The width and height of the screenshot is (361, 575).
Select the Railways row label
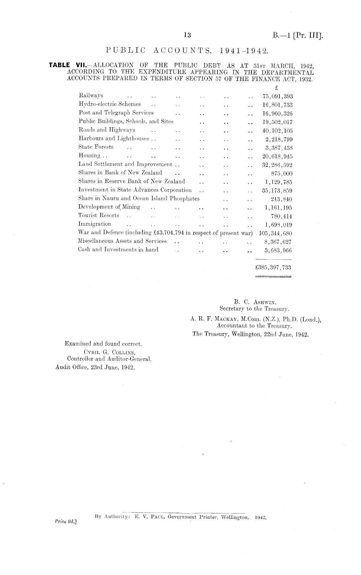click(x=91, y=96)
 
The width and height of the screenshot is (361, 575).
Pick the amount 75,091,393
click(x=277, y=96)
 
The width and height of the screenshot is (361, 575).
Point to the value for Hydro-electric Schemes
click(x=277, y=105)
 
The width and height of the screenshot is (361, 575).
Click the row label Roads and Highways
click(x=107, y=130)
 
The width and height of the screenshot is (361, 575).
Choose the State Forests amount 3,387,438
click(x=279, y=148)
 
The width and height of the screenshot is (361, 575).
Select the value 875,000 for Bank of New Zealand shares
click(x=282, y=173)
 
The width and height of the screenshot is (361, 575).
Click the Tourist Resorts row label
click(x=99, y=215)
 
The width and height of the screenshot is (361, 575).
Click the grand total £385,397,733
click(x=273, y=268)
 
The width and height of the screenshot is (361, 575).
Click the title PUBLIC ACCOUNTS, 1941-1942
click(x=187, y=51)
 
